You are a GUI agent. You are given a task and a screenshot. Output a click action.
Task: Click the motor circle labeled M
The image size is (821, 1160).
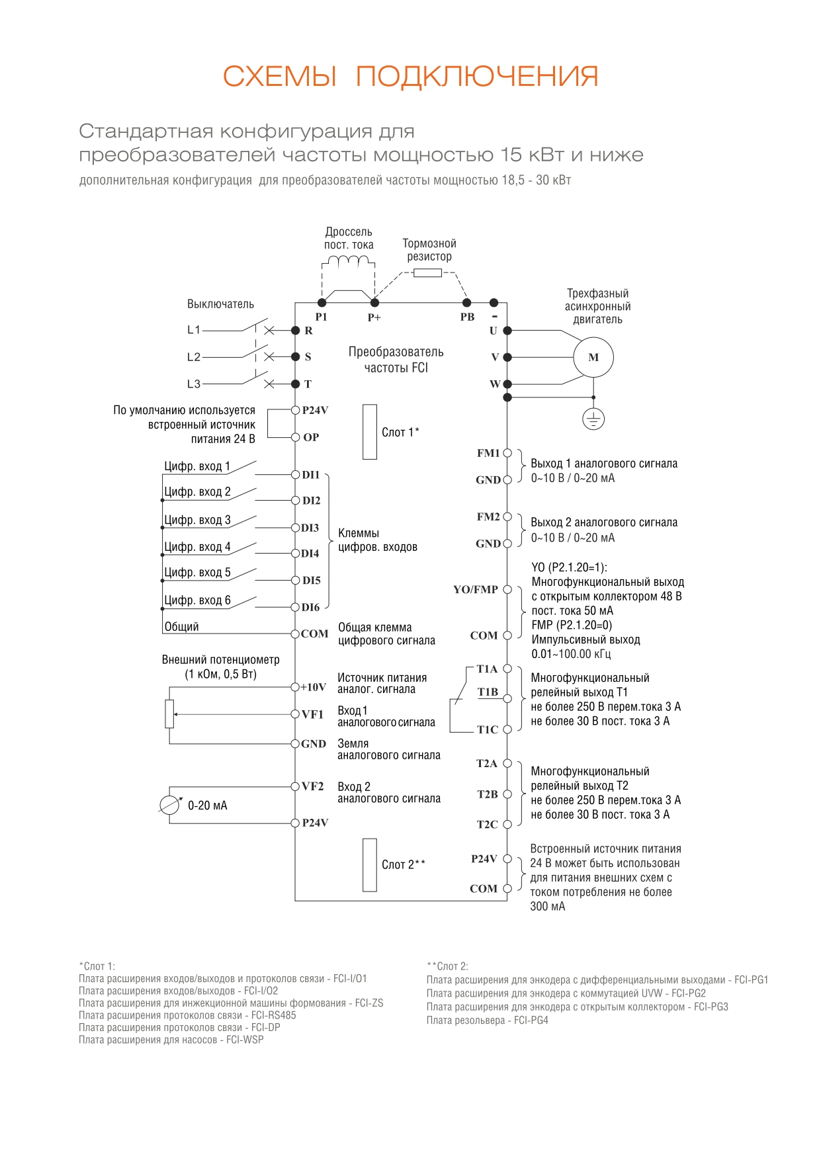pyautogui.click(x=593, y=357)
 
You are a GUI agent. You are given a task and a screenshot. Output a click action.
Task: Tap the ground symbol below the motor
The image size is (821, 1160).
pyautogui.click(x=593, y=419)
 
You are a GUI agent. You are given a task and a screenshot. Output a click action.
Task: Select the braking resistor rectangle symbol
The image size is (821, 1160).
pyautogui.click(x=427, y=272)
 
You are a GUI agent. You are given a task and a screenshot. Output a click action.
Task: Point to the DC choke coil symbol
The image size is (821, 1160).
pyautogui.click(x=349, y=261)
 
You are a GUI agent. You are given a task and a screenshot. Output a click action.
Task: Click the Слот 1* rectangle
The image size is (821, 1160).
pyautogui.click(x=370, y=432)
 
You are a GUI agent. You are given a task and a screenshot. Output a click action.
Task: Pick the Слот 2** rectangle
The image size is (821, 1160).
pyautogui.click(x=370, y=865)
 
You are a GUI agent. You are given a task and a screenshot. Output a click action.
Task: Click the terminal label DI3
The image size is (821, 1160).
pyautogui.click(x=310, y=528)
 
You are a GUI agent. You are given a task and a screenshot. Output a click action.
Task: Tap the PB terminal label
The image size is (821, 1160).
pyautogui.click(x=467, y=317)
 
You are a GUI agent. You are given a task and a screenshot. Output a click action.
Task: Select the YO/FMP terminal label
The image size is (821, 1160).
pyautogui.click(x=476, y=589)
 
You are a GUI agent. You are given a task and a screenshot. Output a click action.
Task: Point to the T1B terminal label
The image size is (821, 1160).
pyautogui.click(x=488, y=692)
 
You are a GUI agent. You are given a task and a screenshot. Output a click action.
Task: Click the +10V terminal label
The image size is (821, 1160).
pyautogui.click(x=313, y=687)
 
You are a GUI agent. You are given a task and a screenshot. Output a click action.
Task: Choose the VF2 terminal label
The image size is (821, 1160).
pyautogui.click(x=313, y=786)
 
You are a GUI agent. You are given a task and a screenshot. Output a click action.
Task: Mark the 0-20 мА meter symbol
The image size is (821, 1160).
pyautogui.click(x=170, y=805)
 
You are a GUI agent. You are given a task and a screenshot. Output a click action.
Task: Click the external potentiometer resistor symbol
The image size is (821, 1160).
pyautogui.click(x=169, y=714)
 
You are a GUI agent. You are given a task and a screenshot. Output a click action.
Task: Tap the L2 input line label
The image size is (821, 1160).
pyautogui.click(x=193, y=357)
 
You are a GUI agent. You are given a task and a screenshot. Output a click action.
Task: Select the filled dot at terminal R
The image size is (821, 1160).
pyautogui.click(x=296, y=330)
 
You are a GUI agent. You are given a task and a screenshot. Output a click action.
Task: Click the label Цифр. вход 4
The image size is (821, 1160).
pyautogui.click(x=197, y=547)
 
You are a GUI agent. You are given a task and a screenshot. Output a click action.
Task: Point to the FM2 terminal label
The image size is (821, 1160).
pyautogui.click(x=488, y=517)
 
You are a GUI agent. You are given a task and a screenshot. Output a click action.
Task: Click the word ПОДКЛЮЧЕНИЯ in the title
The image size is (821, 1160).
pyautogui.click(x=477, y=77)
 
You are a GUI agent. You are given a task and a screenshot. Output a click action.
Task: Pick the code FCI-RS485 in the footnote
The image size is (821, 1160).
pyautogui.click(x=274, y=1015)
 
